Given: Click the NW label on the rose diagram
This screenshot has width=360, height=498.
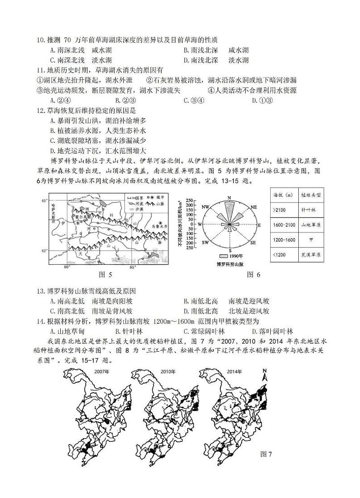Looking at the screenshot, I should tap(205, 207).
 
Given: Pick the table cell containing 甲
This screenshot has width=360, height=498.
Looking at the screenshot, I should tap(311, 240).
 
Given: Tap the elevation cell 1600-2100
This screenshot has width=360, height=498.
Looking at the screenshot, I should tap(284, 225).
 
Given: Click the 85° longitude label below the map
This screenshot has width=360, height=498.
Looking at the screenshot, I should tap(133, 267).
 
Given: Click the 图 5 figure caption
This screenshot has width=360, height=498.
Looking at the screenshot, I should tap(105, 275).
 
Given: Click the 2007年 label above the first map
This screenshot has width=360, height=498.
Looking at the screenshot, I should tap(102, 372).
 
